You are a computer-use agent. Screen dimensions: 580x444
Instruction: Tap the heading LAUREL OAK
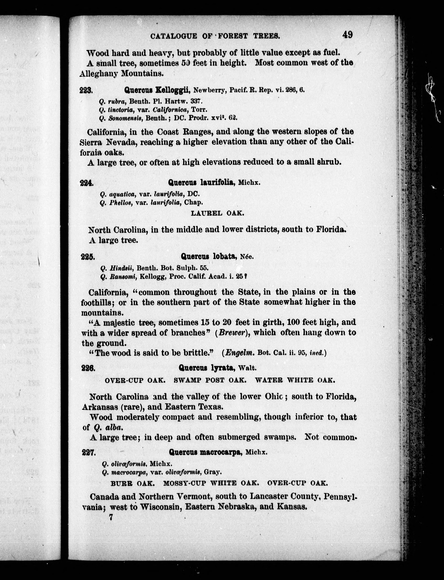point(217,213)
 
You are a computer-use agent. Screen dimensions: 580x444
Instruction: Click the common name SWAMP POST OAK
point(210,380)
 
